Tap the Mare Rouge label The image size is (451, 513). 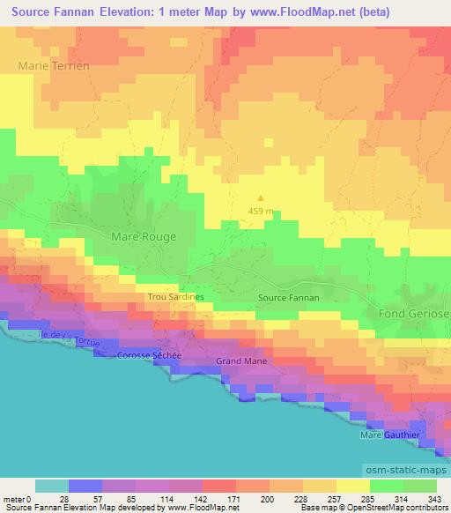point(144,236)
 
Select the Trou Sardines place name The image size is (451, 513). point(175,297)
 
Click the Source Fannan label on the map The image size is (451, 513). point(288,298)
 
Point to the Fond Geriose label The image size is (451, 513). point(414,314)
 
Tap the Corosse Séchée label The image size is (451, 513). point(149,354)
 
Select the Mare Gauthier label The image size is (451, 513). point(389,435)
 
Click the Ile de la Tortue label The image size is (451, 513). point(67,336)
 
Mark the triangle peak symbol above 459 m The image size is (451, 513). point(260,197)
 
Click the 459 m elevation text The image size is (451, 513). point(260,211)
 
